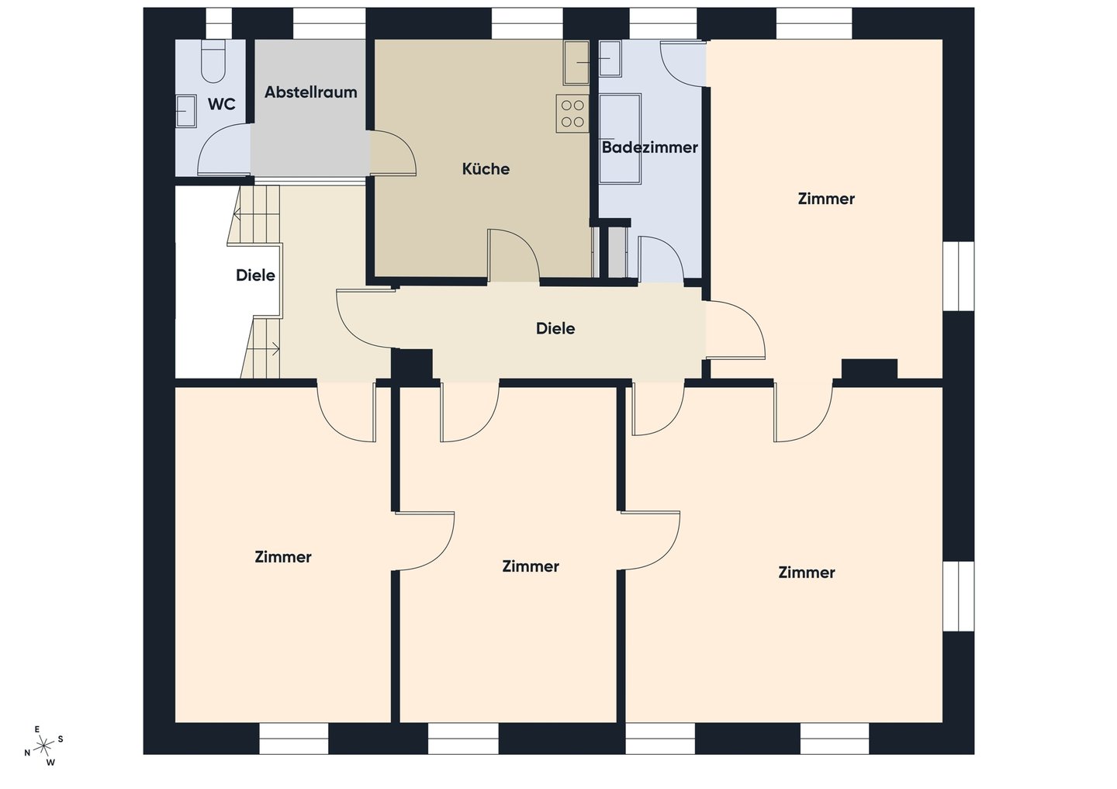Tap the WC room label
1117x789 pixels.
pyautogui.click(x=221, y=104)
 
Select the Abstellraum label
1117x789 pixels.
pyautogui.click(x=310, y=92)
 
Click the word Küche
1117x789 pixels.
pyautogui.click(x=486, y=169)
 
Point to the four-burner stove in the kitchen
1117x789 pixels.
pyautogui.click(x=572, y=113)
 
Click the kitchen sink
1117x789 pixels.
pyautogui.click(x=576, y=63)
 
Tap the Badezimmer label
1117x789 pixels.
pyautogui.click(x=650, y=147)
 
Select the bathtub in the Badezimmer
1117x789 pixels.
pyautogui.click(x=620, y=139)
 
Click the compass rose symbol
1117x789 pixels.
pyautogui.click(x=44, y=746)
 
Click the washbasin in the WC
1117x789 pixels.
pyautogui.click(x=185, y=111)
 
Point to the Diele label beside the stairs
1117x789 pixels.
pyautogui.click(x=255, y=275)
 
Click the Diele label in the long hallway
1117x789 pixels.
pyautogui.click(x=555, y=329)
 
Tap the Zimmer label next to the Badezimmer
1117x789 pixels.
pyautogui.click(x=826, y=199)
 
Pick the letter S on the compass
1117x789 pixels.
pyautogui.click(x=61, y=739)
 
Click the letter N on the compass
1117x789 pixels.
pyautogui.click(x=27, y=753)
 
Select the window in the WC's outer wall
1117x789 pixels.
pyautogui.click(x=219, y=23)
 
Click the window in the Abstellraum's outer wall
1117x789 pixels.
pyautogui.click(x=329, y=23)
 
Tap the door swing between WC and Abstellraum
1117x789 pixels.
pyautogui.click(x=224, y=150)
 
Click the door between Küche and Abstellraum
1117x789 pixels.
pyautogui.click(x=393, y=153)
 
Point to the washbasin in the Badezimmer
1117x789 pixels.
pyautogui.click(x=610, y=59)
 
